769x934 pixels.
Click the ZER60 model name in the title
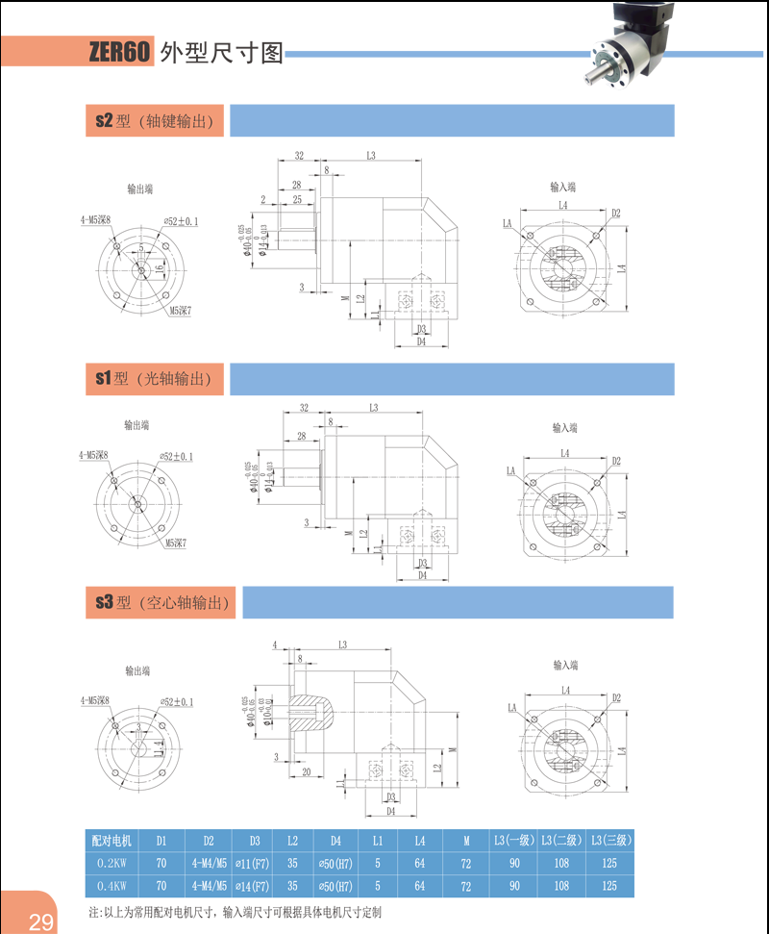point(120,52)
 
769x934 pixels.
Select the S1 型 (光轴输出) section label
point(154,379)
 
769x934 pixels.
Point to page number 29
point(41,922)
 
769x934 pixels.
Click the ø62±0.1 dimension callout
point(181,221)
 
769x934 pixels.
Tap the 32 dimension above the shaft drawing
point(299,155)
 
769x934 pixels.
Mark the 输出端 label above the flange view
point(140,189)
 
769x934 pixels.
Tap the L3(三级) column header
point(610,840)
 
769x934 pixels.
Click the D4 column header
point(335,840)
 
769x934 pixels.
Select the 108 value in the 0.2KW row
point(561,863)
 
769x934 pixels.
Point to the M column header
point(466,840)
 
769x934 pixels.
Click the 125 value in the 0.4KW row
point(609,886)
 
